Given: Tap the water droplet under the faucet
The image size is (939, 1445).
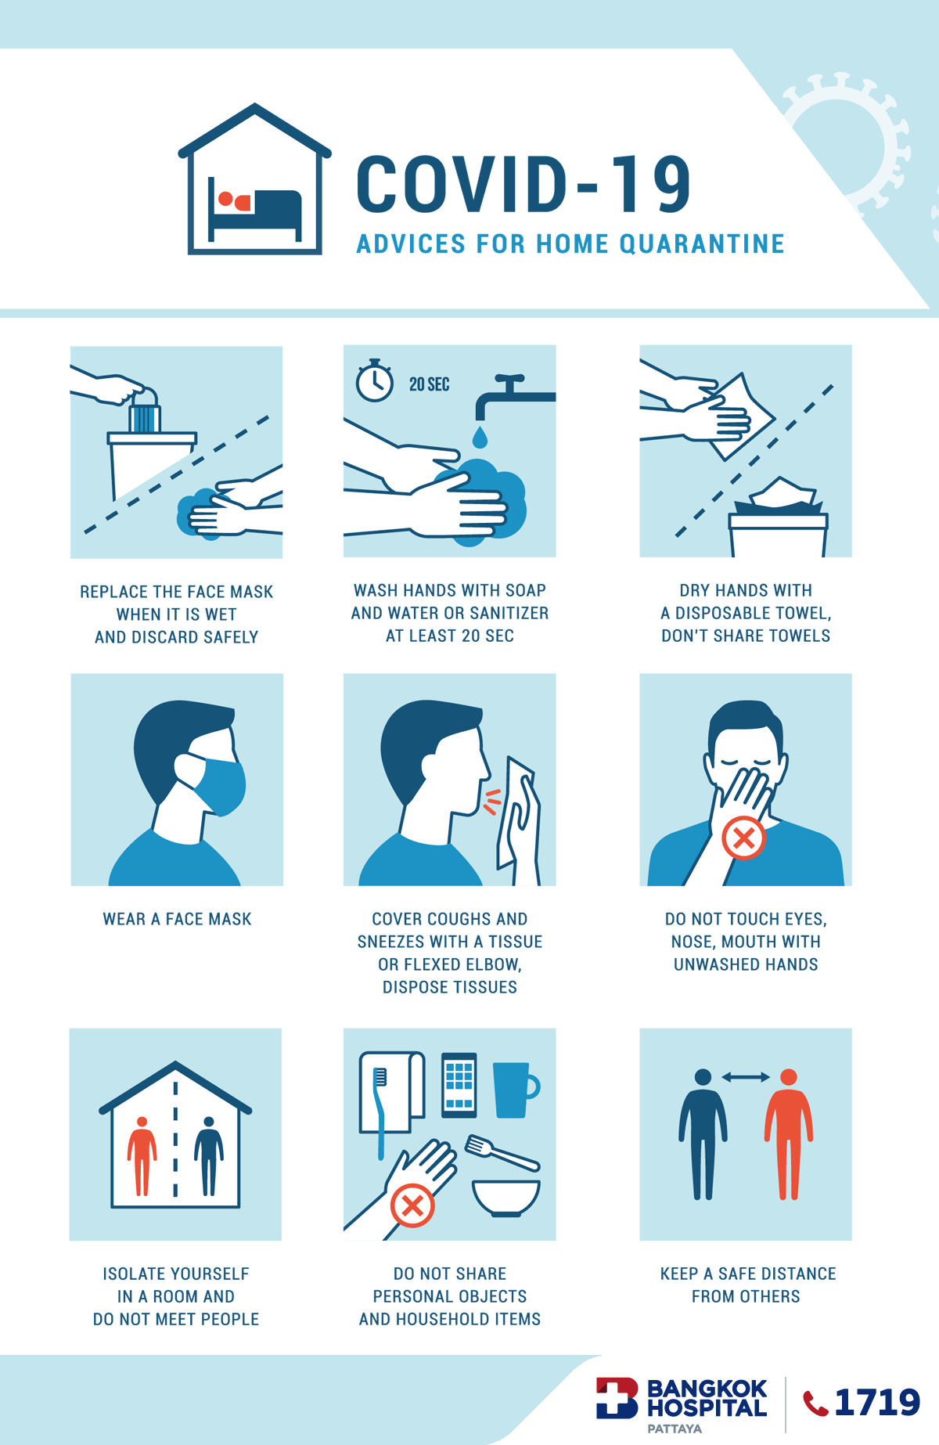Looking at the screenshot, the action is [480, 436].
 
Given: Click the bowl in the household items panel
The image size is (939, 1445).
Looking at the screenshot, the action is [506, 1198].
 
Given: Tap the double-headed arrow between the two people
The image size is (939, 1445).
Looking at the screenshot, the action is [746, 1077].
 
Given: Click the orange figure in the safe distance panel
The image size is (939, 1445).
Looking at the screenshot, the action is [789, 1134].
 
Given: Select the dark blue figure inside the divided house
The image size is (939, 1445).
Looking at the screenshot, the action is [209, 1156].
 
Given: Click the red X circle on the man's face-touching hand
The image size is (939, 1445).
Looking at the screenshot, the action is [743, 838].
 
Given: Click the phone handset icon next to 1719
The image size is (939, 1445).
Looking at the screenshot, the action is [815, 1404].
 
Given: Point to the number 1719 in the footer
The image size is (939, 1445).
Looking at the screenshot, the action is [877, 1403].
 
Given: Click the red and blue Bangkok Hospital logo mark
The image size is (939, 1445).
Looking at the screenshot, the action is [617, 1398].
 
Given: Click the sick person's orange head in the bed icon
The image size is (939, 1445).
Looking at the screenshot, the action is [225, 199].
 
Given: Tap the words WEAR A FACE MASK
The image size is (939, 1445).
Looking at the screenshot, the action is [178, 919].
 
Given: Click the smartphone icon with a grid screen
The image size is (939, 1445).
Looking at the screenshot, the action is [459, 1085].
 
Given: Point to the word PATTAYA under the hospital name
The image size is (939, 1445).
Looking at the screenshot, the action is [675, 1429].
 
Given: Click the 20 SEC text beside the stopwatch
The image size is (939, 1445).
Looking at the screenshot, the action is [430, 384].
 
